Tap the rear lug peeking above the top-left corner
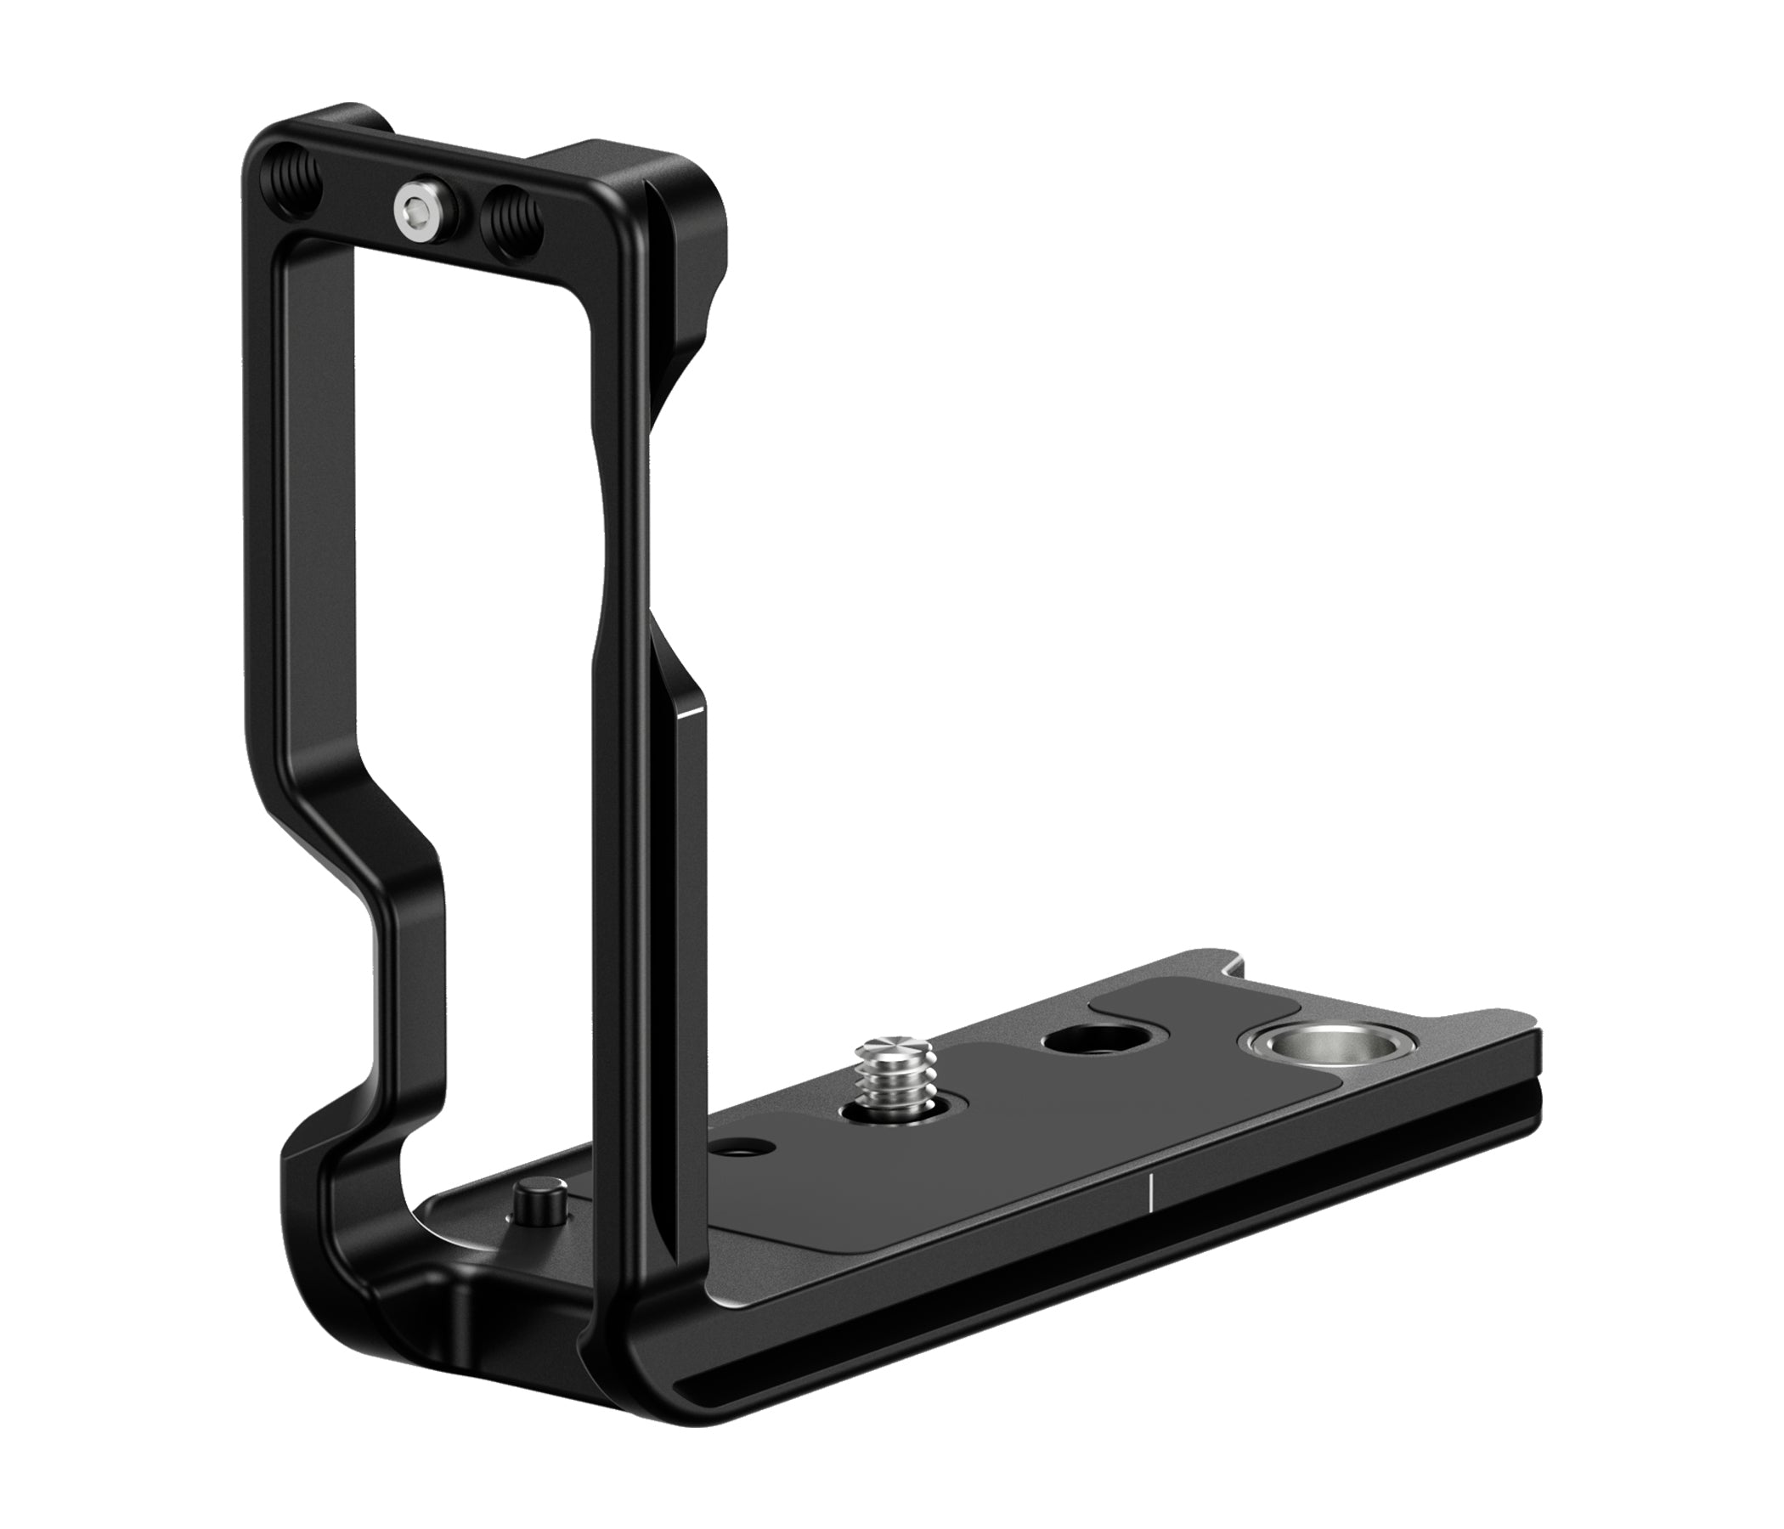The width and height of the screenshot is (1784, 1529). (x=353, y=121)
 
